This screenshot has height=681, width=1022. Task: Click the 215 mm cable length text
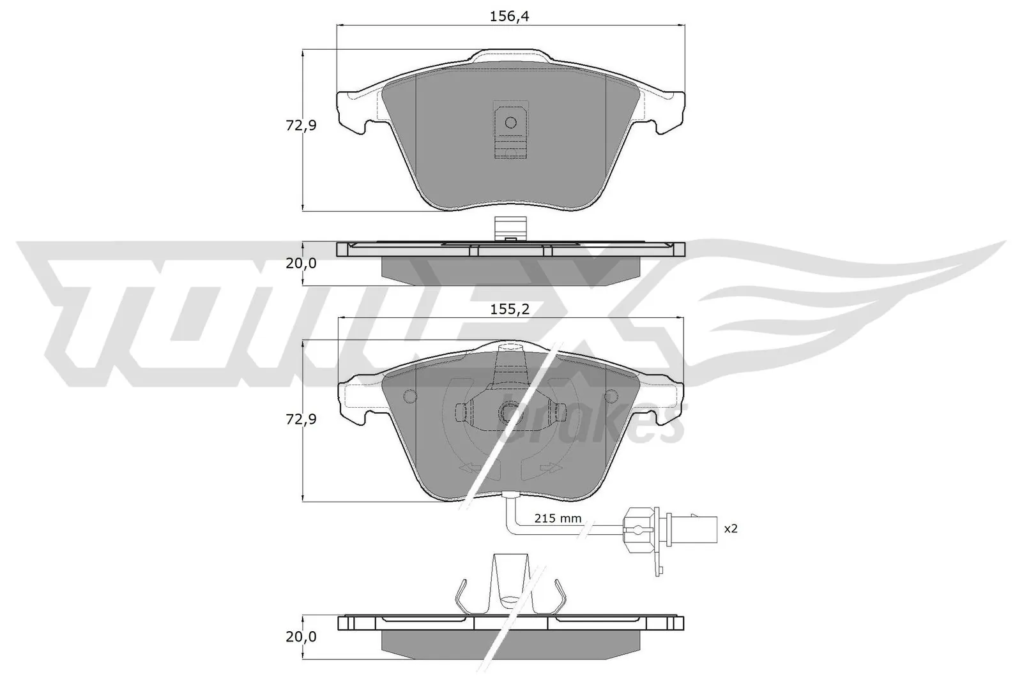(558, 518)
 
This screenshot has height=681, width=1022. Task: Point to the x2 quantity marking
(730, 528)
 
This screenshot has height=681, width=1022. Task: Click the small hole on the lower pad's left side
(411, 397)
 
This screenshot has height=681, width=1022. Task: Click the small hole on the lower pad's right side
(611, 397)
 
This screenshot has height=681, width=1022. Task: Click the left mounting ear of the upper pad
(353, 112)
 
